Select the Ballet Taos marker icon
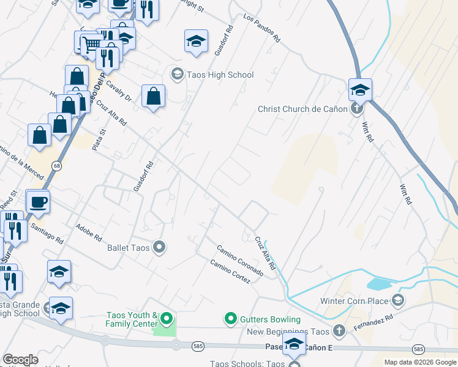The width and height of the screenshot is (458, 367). [160, 248]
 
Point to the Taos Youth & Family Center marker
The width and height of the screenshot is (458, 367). [166, 319]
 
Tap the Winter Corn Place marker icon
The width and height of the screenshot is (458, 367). [399, 300]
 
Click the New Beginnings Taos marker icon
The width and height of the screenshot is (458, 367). [339, 332]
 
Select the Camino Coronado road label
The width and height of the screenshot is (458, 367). [240, 260]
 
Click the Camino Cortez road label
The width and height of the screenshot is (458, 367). [230, 272]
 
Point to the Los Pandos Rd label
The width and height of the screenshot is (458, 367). [261, 28]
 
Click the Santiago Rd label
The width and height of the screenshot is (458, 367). [47, 232]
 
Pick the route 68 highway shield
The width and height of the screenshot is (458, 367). [56, 166]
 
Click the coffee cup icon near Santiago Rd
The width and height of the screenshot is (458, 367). [38, 201]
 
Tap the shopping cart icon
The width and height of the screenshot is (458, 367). [91, 43]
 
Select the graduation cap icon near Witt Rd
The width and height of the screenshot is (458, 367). [361, 90]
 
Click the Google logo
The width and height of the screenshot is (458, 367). [20, 360]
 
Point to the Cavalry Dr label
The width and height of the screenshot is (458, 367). [119, 91]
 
